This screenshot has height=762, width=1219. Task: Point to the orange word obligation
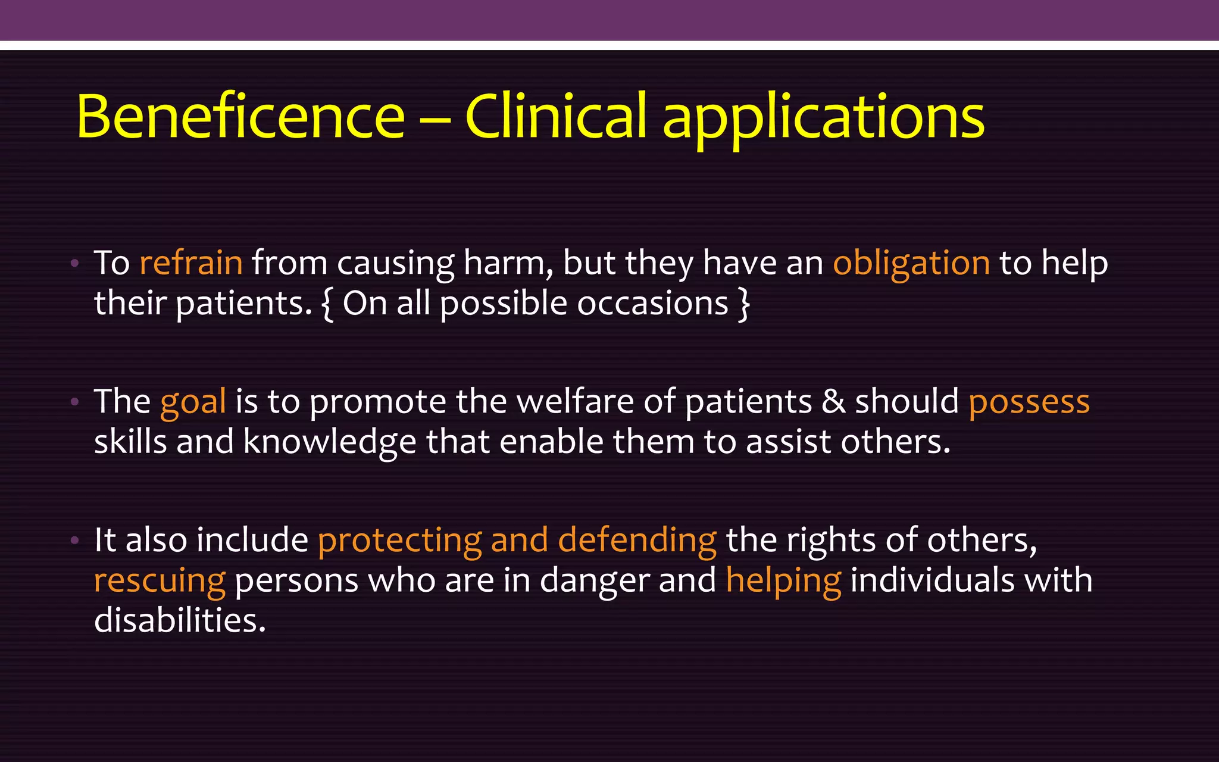(x=911, y=264)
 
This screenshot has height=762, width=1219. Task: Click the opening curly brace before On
(x=327, y=304)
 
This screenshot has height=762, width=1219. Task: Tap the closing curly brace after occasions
(x=743, y=304)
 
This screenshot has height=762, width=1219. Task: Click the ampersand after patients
(x=833, y=401)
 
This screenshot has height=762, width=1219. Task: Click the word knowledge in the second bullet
(x=330, y=443)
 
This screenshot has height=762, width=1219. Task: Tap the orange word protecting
(x=399, y=541)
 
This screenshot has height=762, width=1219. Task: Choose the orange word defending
(x=637, y=541)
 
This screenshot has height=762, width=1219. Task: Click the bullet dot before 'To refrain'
(x=74, y=263)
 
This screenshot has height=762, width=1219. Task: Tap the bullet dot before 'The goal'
(x=74, y=402)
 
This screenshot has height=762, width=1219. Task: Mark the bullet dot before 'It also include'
(x=74, y=541)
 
